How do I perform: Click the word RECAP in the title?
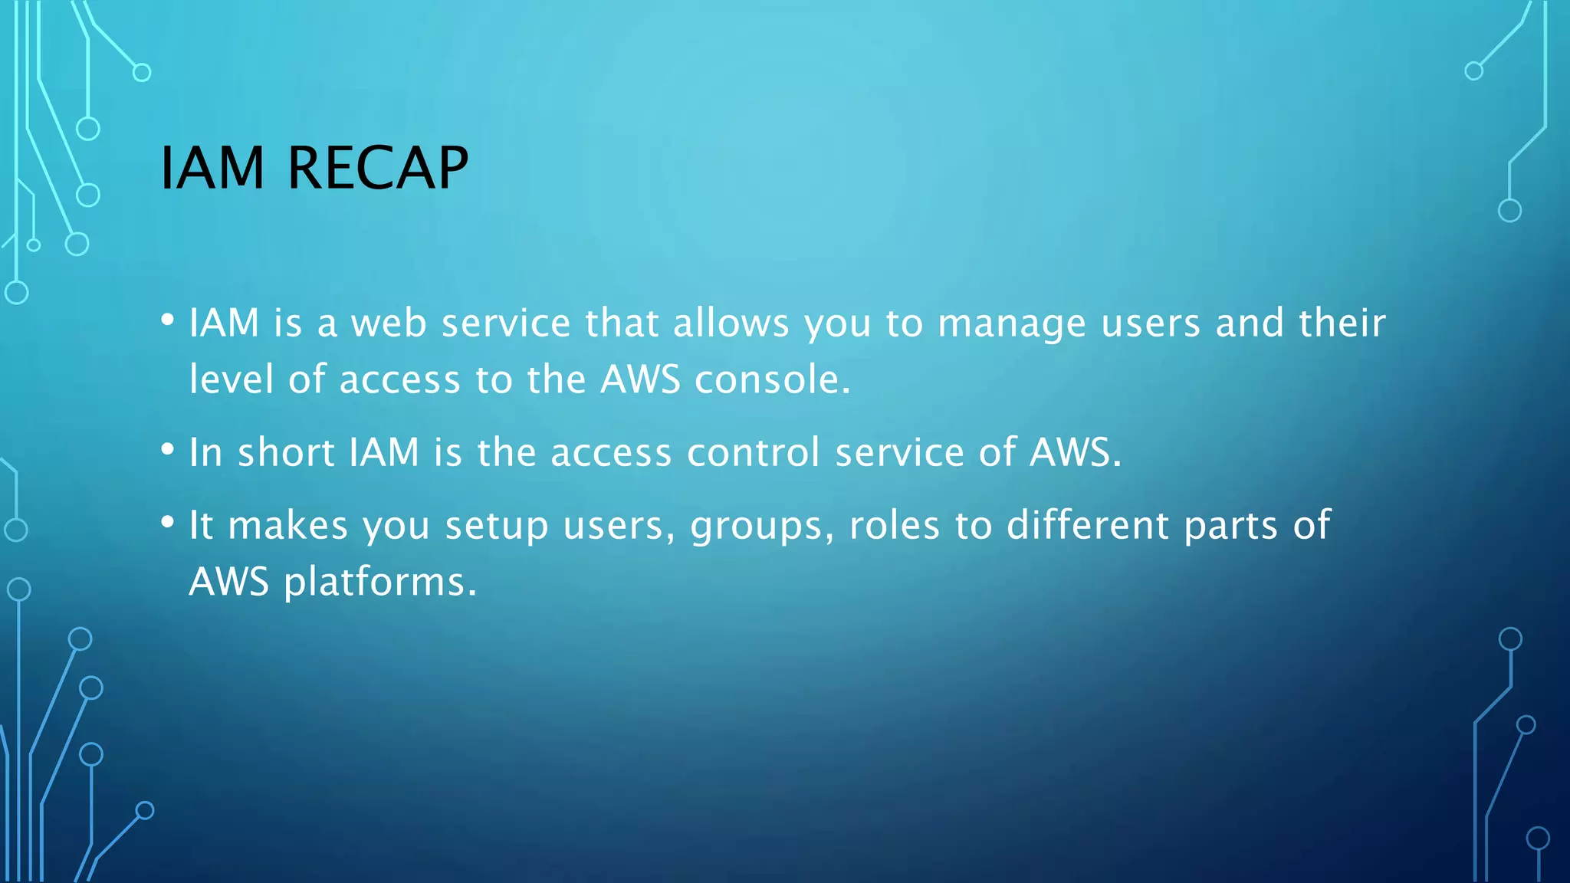click(376, 168)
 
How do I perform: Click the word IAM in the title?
click(212, 168)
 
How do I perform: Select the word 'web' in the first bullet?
click(388, 323)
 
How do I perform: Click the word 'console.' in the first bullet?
click(773, 379)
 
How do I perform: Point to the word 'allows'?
click(731, 323)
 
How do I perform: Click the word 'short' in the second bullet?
click(286, 452)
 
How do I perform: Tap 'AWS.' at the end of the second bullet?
click(1075, 452)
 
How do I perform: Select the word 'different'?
click(1088, 525)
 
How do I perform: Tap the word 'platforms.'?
click(380, 583)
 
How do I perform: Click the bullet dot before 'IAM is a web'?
click(168, 320)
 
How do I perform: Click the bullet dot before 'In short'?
click(168, 450)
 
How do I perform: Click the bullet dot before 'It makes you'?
click(168, 523)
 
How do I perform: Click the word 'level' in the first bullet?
click(231, 379)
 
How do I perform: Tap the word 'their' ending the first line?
click(1342, 323)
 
